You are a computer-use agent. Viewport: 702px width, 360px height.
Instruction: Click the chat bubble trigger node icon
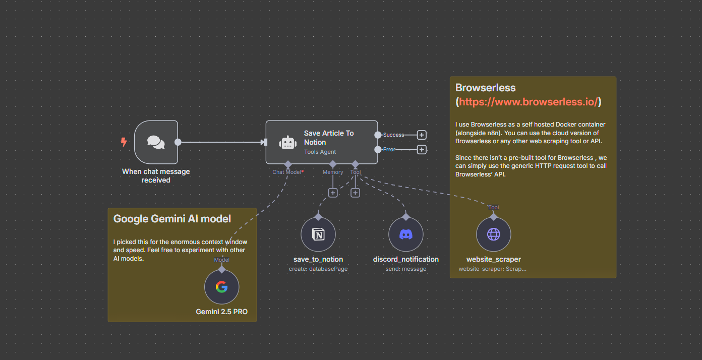pyautogui.click(x=156, y=142)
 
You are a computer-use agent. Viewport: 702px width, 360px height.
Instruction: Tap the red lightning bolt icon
pyautogui.click(x=124, y=142)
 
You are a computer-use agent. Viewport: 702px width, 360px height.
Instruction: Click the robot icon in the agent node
pyautogui.click(x=287, y=143)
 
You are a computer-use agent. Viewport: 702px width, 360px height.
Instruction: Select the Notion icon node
pyautogui.click(x=318, y=234)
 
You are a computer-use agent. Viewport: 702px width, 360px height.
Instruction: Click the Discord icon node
pyautogui.click(x=405, y=234)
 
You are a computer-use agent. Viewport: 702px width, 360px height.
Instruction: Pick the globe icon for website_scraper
pyautogui.click(x=493, y=234)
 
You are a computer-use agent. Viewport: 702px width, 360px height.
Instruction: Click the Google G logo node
pyautogui.click(x=221, y=287)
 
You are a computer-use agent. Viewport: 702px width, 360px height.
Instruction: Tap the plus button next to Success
pyautogui.click(x=422, y=135)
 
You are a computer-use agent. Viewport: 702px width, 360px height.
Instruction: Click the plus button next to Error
pyautogui.click(x=422, y=150)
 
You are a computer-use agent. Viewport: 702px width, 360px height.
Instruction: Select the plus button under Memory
pyautogui.click(x=333, y=193)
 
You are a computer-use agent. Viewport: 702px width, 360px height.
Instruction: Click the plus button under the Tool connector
pyautogui.click(x=355, y=193)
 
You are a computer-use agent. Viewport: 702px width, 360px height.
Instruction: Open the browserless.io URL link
pyautogui.click(x=528, y=102)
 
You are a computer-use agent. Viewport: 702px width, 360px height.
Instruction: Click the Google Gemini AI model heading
pyautogui.click(x=172, y=219)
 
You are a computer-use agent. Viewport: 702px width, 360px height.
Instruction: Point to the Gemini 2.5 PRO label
pyautogui.click(x=221, y=312)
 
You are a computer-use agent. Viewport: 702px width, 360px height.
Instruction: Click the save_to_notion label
pyautogui.click(x=318, y=259)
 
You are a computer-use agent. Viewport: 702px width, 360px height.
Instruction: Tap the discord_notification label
pyautogui.click(x=405, y=259)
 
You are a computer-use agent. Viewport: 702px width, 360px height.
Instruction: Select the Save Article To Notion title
pyautogui.click(x=329, y=138)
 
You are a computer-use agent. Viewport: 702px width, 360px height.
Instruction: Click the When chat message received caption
pyautogui.click(x=156, y=175)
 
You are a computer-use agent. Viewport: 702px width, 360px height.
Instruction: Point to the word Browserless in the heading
pyautogui.click(x=485, y=88)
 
